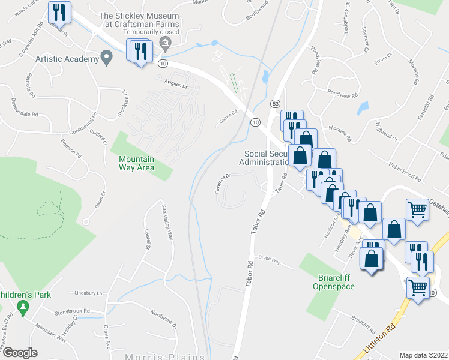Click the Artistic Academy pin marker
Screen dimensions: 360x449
(107, 59)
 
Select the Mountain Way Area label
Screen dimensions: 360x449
(136, 163)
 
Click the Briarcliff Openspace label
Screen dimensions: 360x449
(334, 282)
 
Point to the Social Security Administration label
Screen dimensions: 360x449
(265, 158)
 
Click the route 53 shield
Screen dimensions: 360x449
(275, 104)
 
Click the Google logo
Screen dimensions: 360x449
(19, 353)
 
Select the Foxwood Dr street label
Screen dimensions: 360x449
(221, 184)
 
